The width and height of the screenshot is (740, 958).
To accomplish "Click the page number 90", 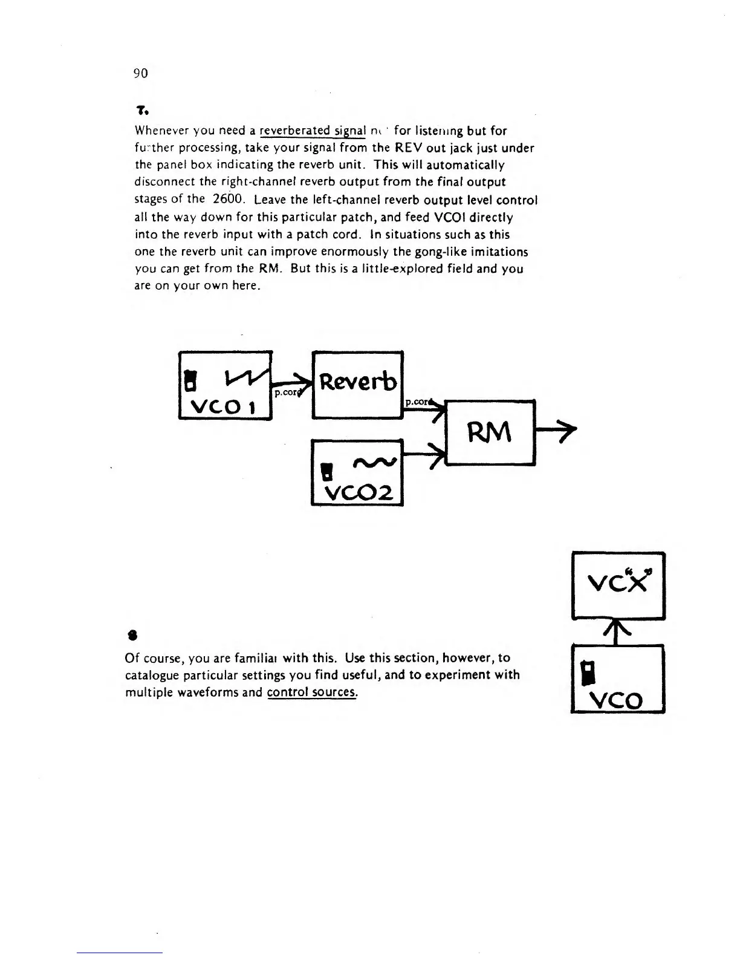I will pyautogui.click(x=140, y=74).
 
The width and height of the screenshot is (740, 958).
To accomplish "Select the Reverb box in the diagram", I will pyautogui.click(x=357, y=383).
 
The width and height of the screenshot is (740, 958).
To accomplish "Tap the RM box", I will pyautogui.click(x=490, y=432).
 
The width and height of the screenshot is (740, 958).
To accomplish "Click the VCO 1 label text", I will pyautogui.click(x=225, y=405).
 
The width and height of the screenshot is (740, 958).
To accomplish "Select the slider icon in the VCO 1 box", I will pyautogui.click(x=190, y=379).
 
